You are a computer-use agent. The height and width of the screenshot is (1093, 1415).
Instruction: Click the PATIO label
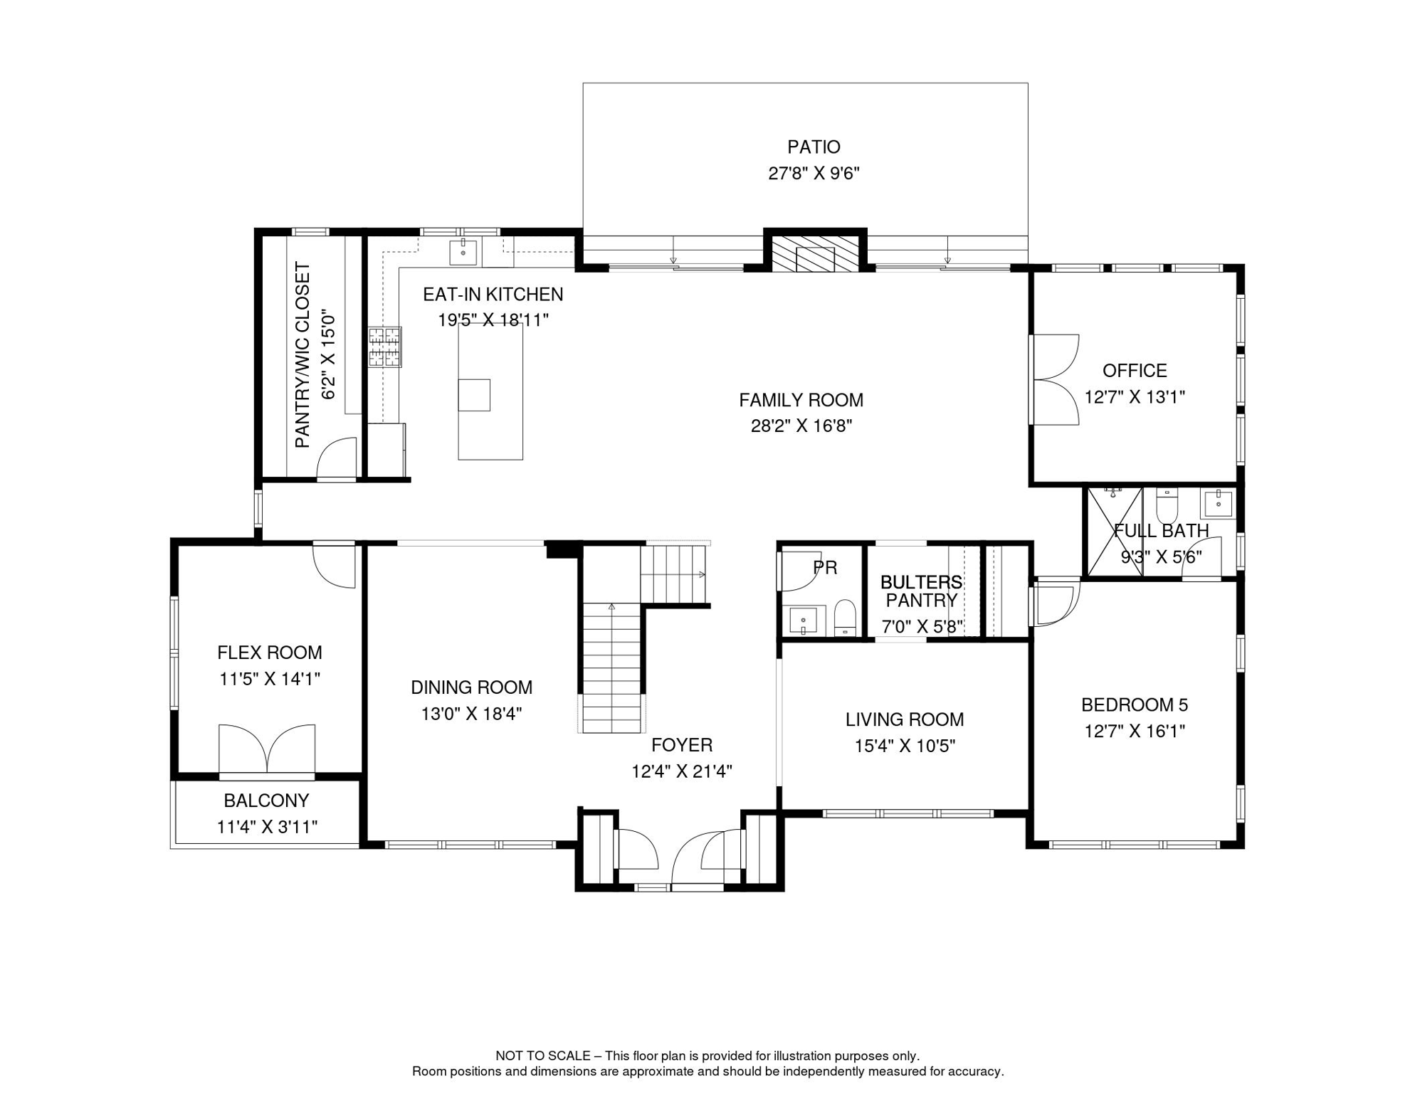click(x=814, y=147)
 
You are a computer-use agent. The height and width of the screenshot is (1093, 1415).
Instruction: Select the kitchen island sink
click(x=474, y=395)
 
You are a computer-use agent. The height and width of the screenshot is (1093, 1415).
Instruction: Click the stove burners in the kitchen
click(x=384, y=347)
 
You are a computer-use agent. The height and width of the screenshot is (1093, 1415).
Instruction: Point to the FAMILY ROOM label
click(x=801, y=400)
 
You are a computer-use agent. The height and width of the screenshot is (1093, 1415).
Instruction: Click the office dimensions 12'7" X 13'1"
click(x=1135, y=397)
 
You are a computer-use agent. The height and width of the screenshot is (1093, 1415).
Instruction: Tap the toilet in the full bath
click(x=1167, y=505)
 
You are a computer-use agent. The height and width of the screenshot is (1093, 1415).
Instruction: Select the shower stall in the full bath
click(x=1113, y=532)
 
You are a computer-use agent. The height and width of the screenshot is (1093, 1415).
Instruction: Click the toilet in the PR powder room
click(x=844, y=617)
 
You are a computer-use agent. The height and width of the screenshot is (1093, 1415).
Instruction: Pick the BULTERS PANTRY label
click(x=921, y=591)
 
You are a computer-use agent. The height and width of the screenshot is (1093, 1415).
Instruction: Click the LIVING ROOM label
click(x=905, y=719)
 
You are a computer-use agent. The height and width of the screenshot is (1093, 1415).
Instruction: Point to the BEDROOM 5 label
click(x=1135, y=704)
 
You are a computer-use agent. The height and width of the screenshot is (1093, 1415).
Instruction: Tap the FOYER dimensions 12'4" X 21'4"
click(x=682, y=771)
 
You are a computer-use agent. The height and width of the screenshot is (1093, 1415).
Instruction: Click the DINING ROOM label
click(x=471, y=687)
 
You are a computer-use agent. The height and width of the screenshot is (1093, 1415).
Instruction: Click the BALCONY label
click(x=266, y=801)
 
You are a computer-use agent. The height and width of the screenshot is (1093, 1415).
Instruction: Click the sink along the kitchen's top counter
click(x=463, y=252)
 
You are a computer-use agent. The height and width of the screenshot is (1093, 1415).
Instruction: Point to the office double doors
click(x=1055, y=379)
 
